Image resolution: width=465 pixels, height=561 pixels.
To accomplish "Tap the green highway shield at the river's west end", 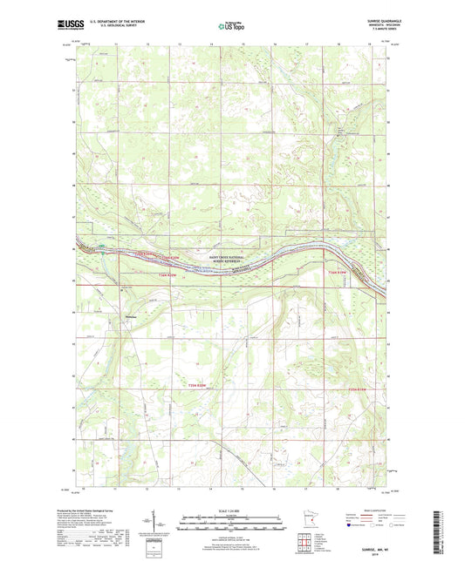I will tap(104, 246).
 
